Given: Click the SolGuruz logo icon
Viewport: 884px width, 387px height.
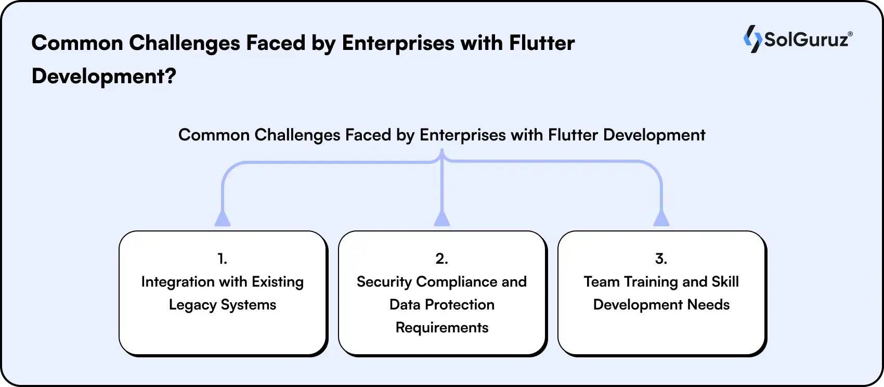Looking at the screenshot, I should (x=752, y=39).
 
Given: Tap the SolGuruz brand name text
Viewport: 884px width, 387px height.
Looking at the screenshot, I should (x=807, y=40).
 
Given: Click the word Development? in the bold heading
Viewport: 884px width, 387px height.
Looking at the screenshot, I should (x=103, y=76).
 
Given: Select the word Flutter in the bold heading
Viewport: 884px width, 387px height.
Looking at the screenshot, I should (x=542, y=43).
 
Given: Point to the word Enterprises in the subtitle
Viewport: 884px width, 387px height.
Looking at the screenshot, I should (x=462, y=135).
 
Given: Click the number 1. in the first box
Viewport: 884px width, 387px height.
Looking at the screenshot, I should (x=222, y=259).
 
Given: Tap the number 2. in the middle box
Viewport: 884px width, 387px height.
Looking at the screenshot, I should (x=441, y=259).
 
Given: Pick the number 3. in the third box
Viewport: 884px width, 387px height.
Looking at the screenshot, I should (x=661, y=259).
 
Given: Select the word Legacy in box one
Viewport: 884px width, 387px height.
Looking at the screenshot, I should (x=192, y=305).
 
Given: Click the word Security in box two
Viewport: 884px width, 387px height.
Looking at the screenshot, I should (x=384, y=282).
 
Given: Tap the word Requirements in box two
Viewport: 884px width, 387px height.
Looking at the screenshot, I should (x=442, y=328).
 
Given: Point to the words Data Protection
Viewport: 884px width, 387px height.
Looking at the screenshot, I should (x=442, y=305).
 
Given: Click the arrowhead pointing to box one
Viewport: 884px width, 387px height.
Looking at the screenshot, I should (x=223, y=218).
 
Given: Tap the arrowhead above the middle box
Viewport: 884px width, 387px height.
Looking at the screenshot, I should (x=441, y=218).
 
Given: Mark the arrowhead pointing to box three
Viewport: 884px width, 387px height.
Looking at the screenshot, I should (x=661, y=218).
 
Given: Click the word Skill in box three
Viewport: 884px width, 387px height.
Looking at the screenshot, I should (x=725, y=282).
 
